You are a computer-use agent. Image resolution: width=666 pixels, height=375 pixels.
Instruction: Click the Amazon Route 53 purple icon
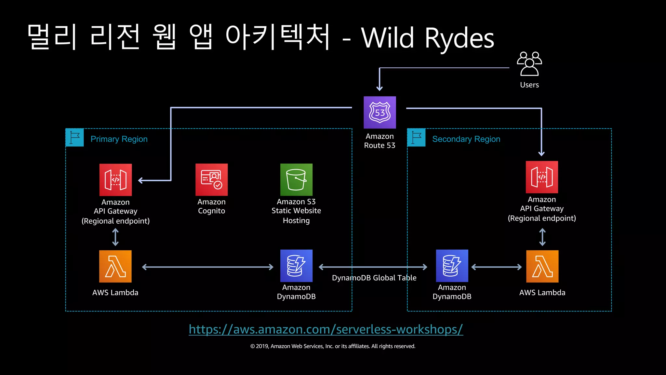(x=380, y=112)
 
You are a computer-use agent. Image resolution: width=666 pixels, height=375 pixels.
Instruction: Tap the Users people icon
(x=529, y=64)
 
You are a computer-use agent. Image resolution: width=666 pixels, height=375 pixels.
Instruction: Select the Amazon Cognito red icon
(x=211, y=180)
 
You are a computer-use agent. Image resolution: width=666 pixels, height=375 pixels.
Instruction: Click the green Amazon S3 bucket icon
(x=296, y=180)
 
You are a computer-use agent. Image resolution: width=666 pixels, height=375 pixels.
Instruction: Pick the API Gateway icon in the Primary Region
(x=115, y=180)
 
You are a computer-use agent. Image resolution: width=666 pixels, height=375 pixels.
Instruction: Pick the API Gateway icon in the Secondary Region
(x=542, y=177)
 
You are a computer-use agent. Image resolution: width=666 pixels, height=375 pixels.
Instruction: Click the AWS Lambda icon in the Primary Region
(x=115, y=266)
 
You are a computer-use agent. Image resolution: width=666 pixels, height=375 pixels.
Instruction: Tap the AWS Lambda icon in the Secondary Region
(x=542, y=266)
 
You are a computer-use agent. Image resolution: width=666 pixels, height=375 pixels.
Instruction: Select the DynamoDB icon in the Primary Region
(x=296, y=266)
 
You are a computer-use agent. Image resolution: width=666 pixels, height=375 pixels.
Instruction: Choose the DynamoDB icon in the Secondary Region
(x=452, y=266)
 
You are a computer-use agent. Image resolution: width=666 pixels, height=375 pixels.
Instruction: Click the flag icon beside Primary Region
(x=75, y=138)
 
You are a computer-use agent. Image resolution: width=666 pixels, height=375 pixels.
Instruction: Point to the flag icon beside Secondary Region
(x=416, y=138)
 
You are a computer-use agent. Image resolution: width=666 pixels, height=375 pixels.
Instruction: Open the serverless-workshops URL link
(x=326, y=329)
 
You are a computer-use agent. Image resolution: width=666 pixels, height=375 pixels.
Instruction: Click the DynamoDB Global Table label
(x=374, y=278)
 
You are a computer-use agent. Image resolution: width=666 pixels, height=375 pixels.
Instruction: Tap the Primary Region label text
(x=119, y=139)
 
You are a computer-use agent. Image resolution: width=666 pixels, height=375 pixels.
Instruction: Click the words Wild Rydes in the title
(x=427, y=38)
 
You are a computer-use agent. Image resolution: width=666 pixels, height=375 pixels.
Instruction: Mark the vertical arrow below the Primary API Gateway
(x=115, y=237)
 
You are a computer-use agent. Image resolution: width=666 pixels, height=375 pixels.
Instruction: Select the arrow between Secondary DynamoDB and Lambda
(x=496, y=267)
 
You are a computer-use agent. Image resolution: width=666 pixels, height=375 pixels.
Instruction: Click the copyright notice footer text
(x=333, y=346)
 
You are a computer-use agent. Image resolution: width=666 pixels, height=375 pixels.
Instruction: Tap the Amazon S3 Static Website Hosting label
(x=296, y=211)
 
